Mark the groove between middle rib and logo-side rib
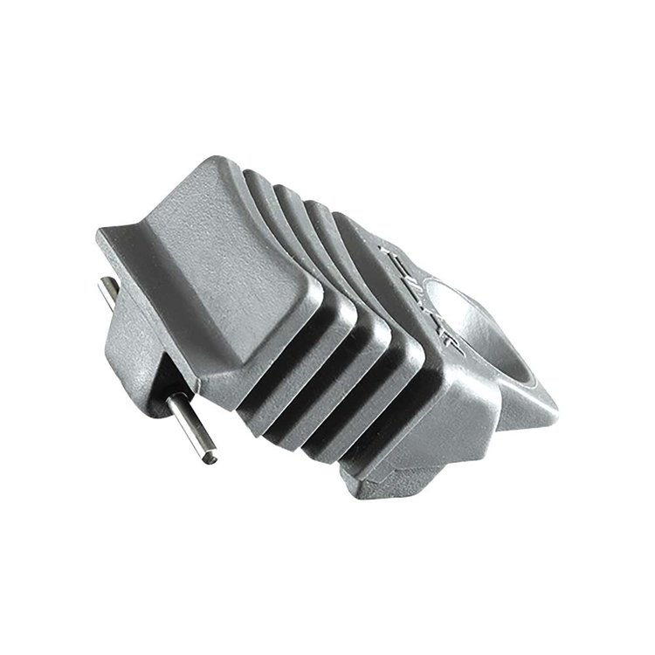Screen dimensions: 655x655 click(349, 393)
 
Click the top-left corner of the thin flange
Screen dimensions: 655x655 click(98, 231)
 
